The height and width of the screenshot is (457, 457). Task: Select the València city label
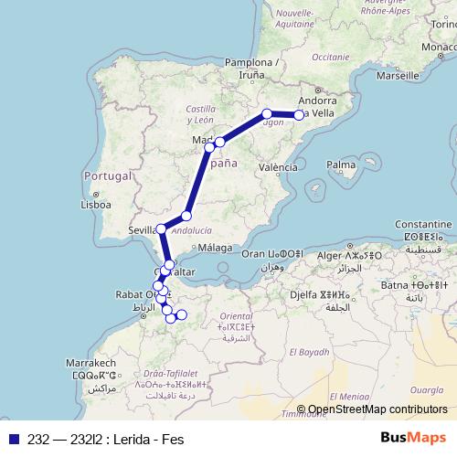278,167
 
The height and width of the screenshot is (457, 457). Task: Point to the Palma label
341,165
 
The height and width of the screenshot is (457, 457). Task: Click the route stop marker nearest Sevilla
161,228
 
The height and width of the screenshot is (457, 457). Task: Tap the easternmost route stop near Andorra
299,114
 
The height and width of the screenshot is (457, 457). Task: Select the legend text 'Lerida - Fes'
145,440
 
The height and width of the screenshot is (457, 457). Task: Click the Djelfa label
306,295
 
